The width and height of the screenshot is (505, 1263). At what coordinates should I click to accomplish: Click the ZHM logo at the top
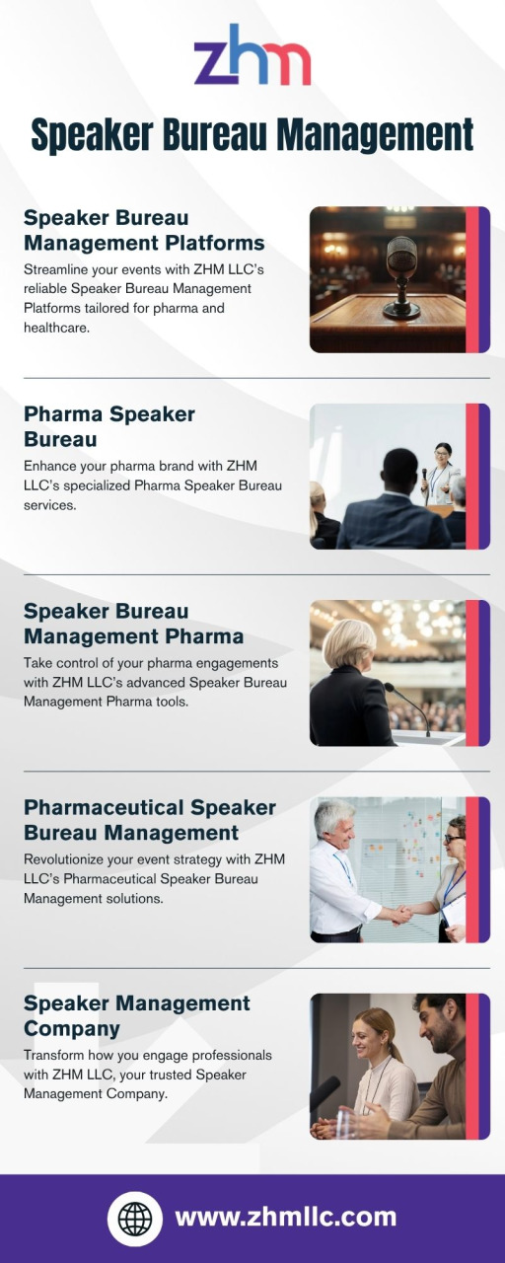(252, 55)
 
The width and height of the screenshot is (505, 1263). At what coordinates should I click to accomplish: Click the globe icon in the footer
(135, 1219)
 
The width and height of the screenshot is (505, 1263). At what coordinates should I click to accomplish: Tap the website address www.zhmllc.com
(286, 1218)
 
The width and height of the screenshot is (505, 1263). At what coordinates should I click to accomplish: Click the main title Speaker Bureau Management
(252, 135)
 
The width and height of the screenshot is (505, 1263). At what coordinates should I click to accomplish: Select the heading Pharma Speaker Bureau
(109, 426)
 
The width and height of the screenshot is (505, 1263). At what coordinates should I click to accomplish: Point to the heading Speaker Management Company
(137, 1015)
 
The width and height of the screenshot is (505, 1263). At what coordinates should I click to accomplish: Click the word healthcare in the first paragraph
(57, 328)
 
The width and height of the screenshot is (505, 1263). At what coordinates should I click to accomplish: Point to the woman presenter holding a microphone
(441, 475)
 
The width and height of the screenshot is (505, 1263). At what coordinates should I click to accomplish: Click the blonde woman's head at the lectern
(349, 644)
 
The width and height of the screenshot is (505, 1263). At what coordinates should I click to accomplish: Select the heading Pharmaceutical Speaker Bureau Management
(150, 820)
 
